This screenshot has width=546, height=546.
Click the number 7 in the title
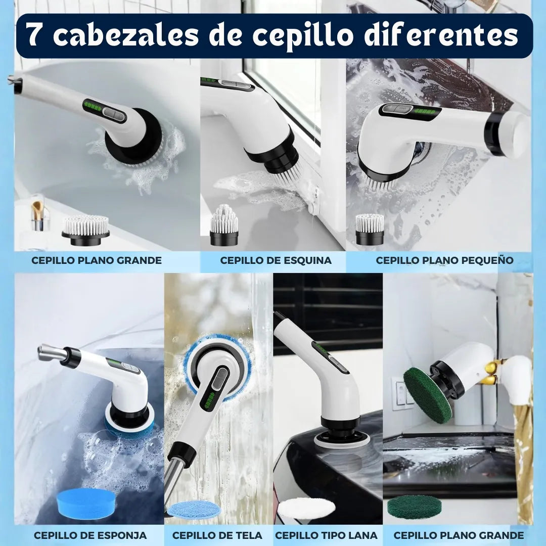35,35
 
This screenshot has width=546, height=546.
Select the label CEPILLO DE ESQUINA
276,260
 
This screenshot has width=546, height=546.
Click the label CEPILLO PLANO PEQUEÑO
444,260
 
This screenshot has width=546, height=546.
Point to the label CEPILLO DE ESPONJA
90,535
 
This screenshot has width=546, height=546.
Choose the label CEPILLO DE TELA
217,535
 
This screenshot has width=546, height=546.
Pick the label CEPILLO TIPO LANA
326,535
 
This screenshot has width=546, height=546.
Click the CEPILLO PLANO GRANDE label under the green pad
459,535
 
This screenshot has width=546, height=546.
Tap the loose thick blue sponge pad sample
86,503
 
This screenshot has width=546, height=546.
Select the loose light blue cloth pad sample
194,509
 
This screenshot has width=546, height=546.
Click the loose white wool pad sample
307,508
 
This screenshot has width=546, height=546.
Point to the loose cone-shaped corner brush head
224,225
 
